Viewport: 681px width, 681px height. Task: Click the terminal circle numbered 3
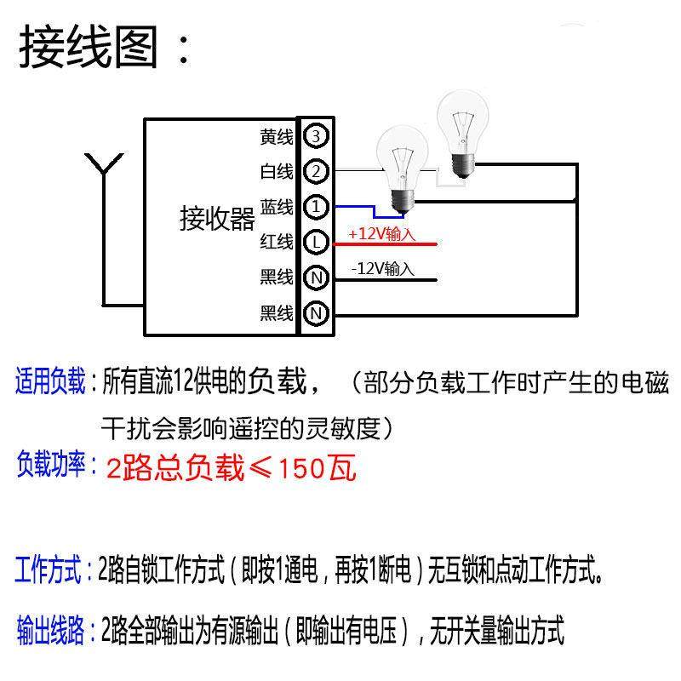(x=316, y=135)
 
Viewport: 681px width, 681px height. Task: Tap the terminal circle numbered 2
(x=316, y=171)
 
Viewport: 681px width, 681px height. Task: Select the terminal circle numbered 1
(x=316, y=207)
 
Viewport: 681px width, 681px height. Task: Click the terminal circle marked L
(x=316, y=243)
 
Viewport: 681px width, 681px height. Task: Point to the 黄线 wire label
(x=277, y=136)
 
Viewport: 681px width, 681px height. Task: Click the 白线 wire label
(x=277, y=172)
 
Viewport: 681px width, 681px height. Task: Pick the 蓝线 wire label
(x=277, y=207)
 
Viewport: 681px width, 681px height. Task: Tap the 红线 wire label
(x=277, y=243)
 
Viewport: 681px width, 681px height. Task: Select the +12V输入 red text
(x=381, y=233)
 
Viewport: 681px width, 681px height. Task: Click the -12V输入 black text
(x=382, y=269)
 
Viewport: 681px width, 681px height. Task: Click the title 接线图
(x=89, y=47)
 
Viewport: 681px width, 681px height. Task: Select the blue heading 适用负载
(x=51, y=381)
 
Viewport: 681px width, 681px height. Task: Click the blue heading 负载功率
(x=51, y=466)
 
